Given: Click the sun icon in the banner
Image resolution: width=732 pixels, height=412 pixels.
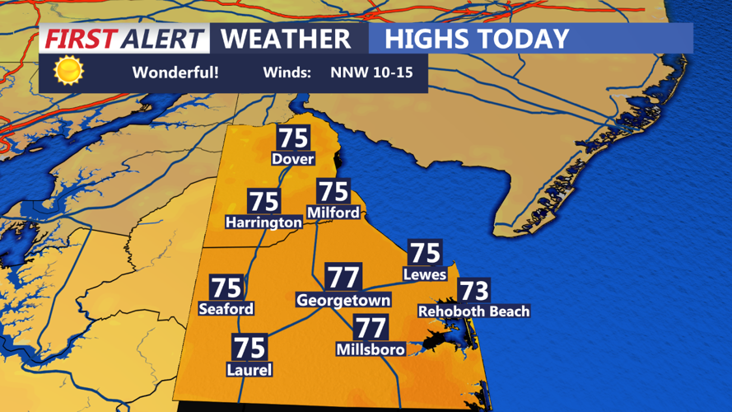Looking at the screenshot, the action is tap(68, 72).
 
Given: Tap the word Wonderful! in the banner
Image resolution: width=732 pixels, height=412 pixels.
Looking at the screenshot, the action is tap(175, 73).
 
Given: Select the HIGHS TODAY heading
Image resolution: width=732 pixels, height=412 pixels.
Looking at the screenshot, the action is tap(477, 39).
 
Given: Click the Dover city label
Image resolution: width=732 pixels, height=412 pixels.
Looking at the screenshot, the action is tap(293, 158).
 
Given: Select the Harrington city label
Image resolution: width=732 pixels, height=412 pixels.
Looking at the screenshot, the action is tap(264, 222).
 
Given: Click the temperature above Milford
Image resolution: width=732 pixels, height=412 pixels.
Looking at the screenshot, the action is tap(333, 191).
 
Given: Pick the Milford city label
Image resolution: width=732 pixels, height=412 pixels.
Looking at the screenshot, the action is tap(333, 213).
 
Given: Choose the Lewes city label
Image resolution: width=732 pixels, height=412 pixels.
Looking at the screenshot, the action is tap(425, 274).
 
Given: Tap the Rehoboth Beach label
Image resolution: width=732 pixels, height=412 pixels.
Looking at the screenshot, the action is tap(473, 311).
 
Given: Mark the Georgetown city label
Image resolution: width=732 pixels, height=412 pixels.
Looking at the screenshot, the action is tap(343, 301).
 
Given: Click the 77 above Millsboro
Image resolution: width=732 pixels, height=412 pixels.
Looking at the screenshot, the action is tap(371, 327).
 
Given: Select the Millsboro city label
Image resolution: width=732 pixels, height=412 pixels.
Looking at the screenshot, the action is tap(371, 349).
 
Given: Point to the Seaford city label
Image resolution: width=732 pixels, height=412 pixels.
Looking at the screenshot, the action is tap(226, 309).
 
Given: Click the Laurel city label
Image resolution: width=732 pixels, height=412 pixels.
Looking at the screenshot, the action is tap(249, 370).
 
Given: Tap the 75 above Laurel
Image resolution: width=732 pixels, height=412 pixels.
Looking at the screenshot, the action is tap(249, 348).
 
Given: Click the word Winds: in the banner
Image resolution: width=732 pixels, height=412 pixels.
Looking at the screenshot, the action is tap(287, 73).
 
